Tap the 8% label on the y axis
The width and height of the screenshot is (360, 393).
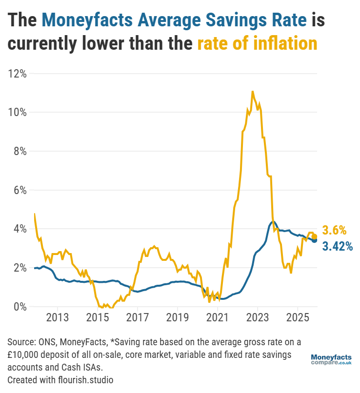[x=19, y=151]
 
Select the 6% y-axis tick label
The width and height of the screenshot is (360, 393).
[x=19, y=190]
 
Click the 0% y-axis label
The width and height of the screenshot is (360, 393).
[x=19, y=307]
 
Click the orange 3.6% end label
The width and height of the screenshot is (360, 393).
[x=334, y=230]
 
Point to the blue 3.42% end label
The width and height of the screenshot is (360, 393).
[x=337, y=247]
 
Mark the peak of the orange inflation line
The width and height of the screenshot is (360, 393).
[x=252, y=91]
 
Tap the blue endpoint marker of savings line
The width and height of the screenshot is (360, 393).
[x=315, y=240]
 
